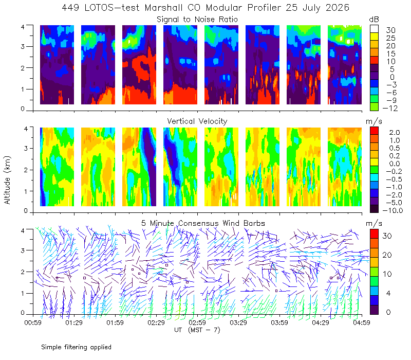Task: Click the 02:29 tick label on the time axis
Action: [x=156, y=322]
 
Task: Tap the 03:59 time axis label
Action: [x=279, y=322]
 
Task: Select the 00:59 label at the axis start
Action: [x=33, y=322]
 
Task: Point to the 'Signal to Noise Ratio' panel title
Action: [x=197, y=20]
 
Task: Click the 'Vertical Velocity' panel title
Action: [x=197, y=121]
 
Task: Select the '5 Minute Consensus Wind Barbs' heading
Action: [x=203, y=223]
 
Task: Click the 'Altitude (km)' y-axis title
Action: [x=7, y=180]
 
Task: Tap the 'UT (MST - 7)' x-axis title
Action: [x=197, y=330]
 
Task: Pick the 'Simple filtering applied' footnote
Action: [x=76, y=348]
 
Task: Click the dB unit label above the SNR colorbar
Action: [x=374, y=20]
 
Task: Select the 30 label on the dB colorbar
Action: [x=390, y=30]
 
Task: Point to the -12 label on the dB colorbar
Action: [x=390, y=108]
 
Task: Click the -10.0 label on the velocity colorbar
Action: [x=393, y=210]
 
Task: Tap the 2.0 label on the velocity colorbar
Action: [x=395, y=133]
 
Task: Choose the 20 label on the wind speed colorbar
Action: [x=387, y=255]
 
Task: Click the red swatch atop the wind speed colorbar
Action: [x=374, y=234]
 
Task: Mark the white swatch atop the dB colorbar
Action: [x=374, y=29]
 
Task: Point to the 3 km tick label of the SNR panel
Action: [x=23, y=46]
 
